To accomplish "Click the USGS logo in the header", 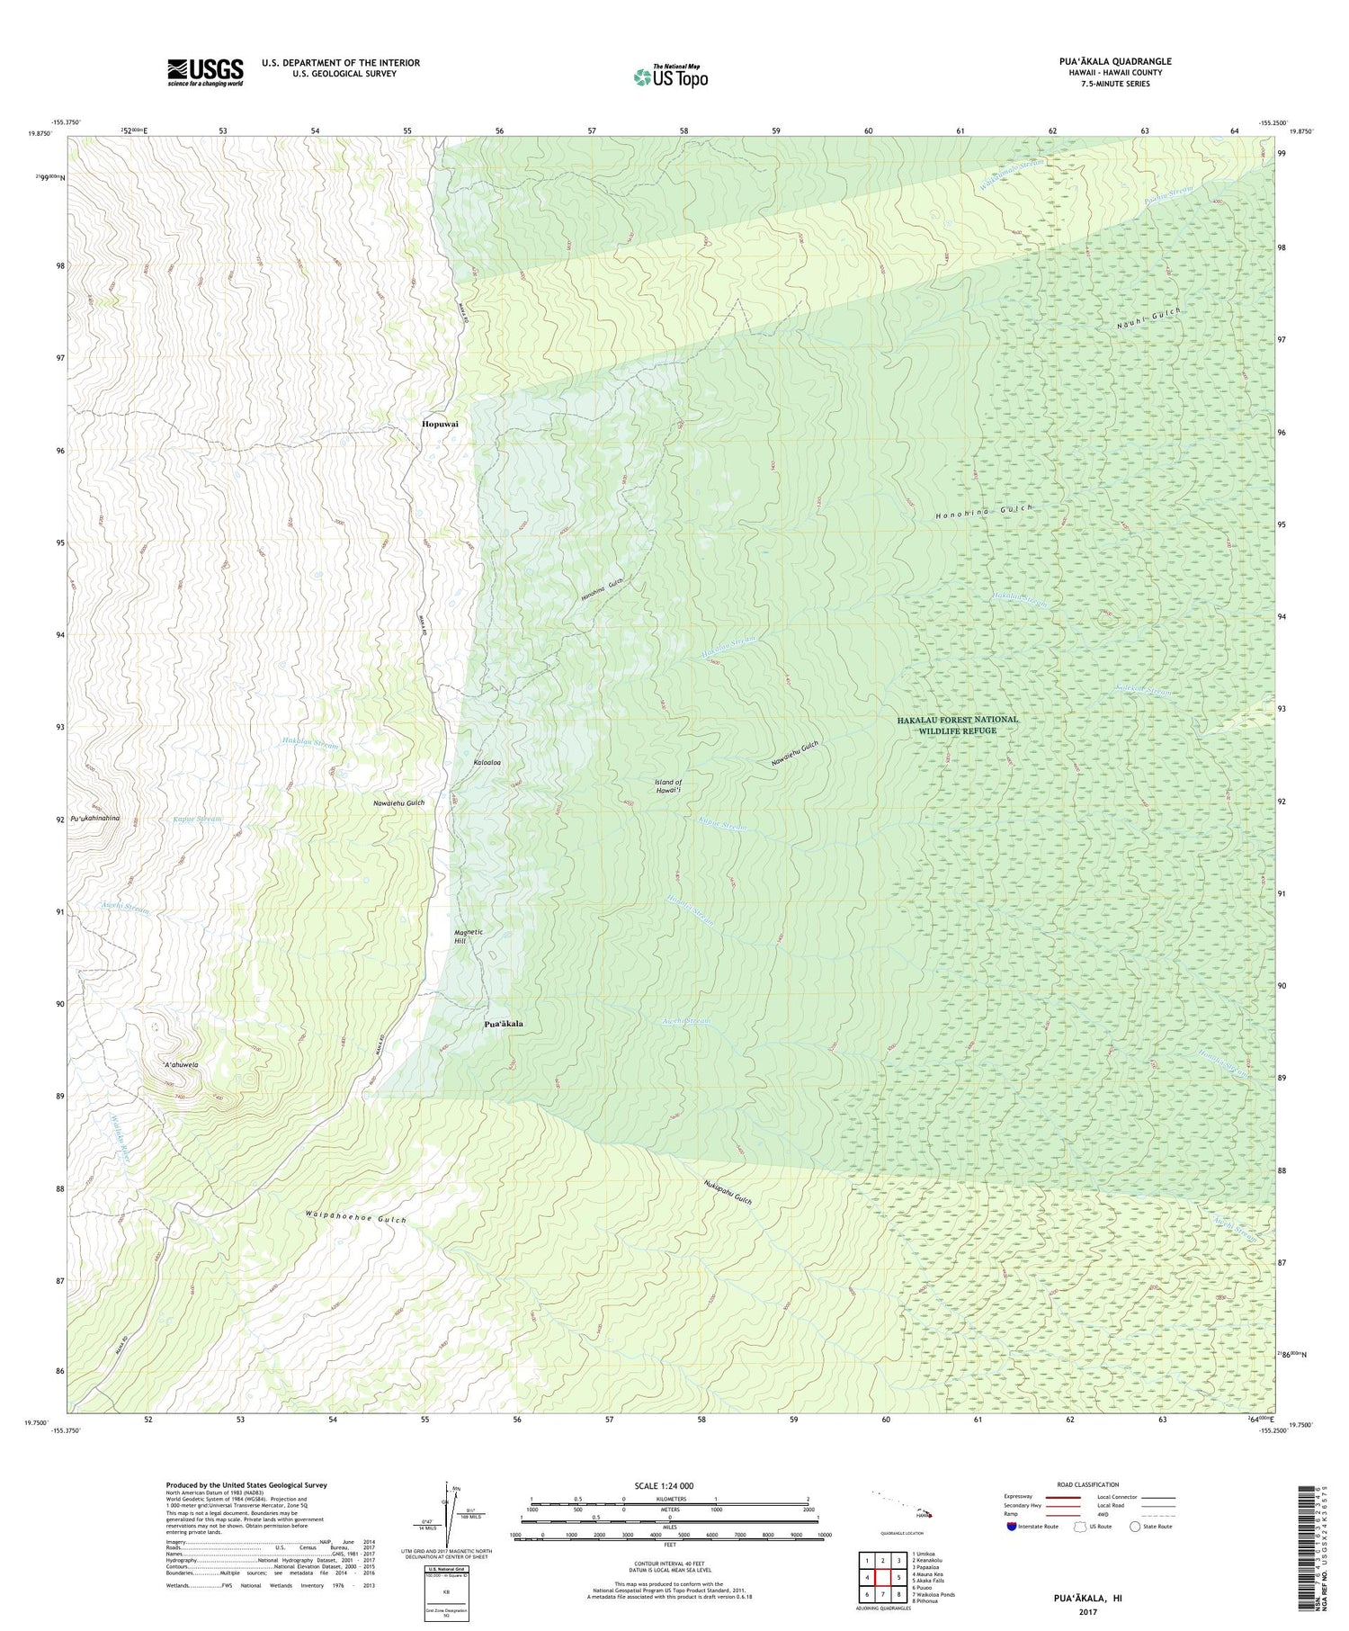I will pyautogui.click(x=205, y=72).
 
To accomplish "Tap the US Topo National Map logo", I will pyautogui.click(x=670, y=76).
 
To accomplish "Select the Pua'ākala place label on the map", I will pyautogui.click(x=504, y=1025).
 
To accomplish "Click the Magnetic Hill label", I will pyautogui.click(x=469, y=936).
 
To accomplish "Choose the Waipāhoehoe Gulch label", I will pyautogui.click(x=356, y=1220).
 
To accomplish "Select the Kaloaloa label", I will pyautogui.click(x=487, y=763).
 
